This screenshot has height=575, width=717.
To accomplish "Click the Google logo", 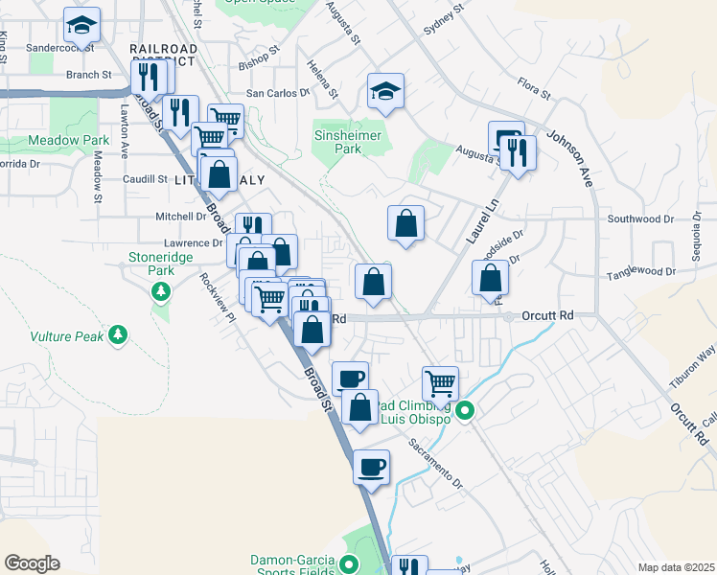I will tap(32, 563).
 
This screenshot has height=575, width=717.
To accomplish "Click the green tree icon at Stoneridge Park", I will tap(163, 290).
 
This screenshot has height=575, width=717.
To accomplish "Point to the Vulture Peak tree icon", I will tap(118, 335).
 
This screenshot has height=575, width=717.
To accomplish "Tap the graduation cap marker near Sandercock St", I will tap(82, 25).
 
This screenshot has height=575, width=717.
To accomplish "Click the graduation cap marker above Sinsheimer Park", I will tap(385, 92).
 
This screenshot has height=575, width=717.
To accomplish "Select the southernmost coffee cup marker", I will tap(371, 468).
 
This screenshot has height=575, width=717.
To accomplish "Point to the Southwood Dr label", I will tap(639, 219).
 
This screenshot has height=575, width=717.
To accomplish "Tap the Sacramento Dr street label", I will tap(436, 461).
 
